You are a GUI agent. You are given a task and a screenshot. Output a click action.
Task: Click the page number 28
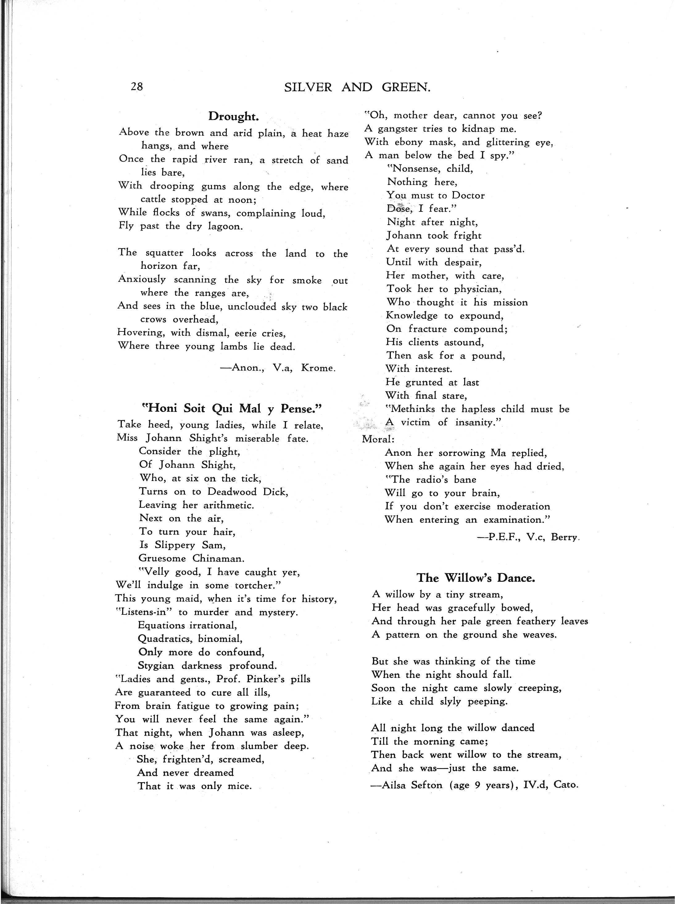tap(136, 87)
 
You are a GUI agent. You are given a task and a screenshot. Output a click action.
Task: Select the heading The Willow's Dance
tap(476, 578)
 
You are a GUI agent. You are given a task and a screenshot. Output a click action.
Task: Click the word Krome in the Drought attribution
tap(318, 368)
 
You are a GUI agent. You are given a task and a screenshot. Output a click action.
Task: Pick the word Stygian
tap(156, 666)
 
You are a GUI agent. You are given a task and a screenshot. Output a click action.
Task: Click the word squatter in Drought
tap(164, 253)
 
